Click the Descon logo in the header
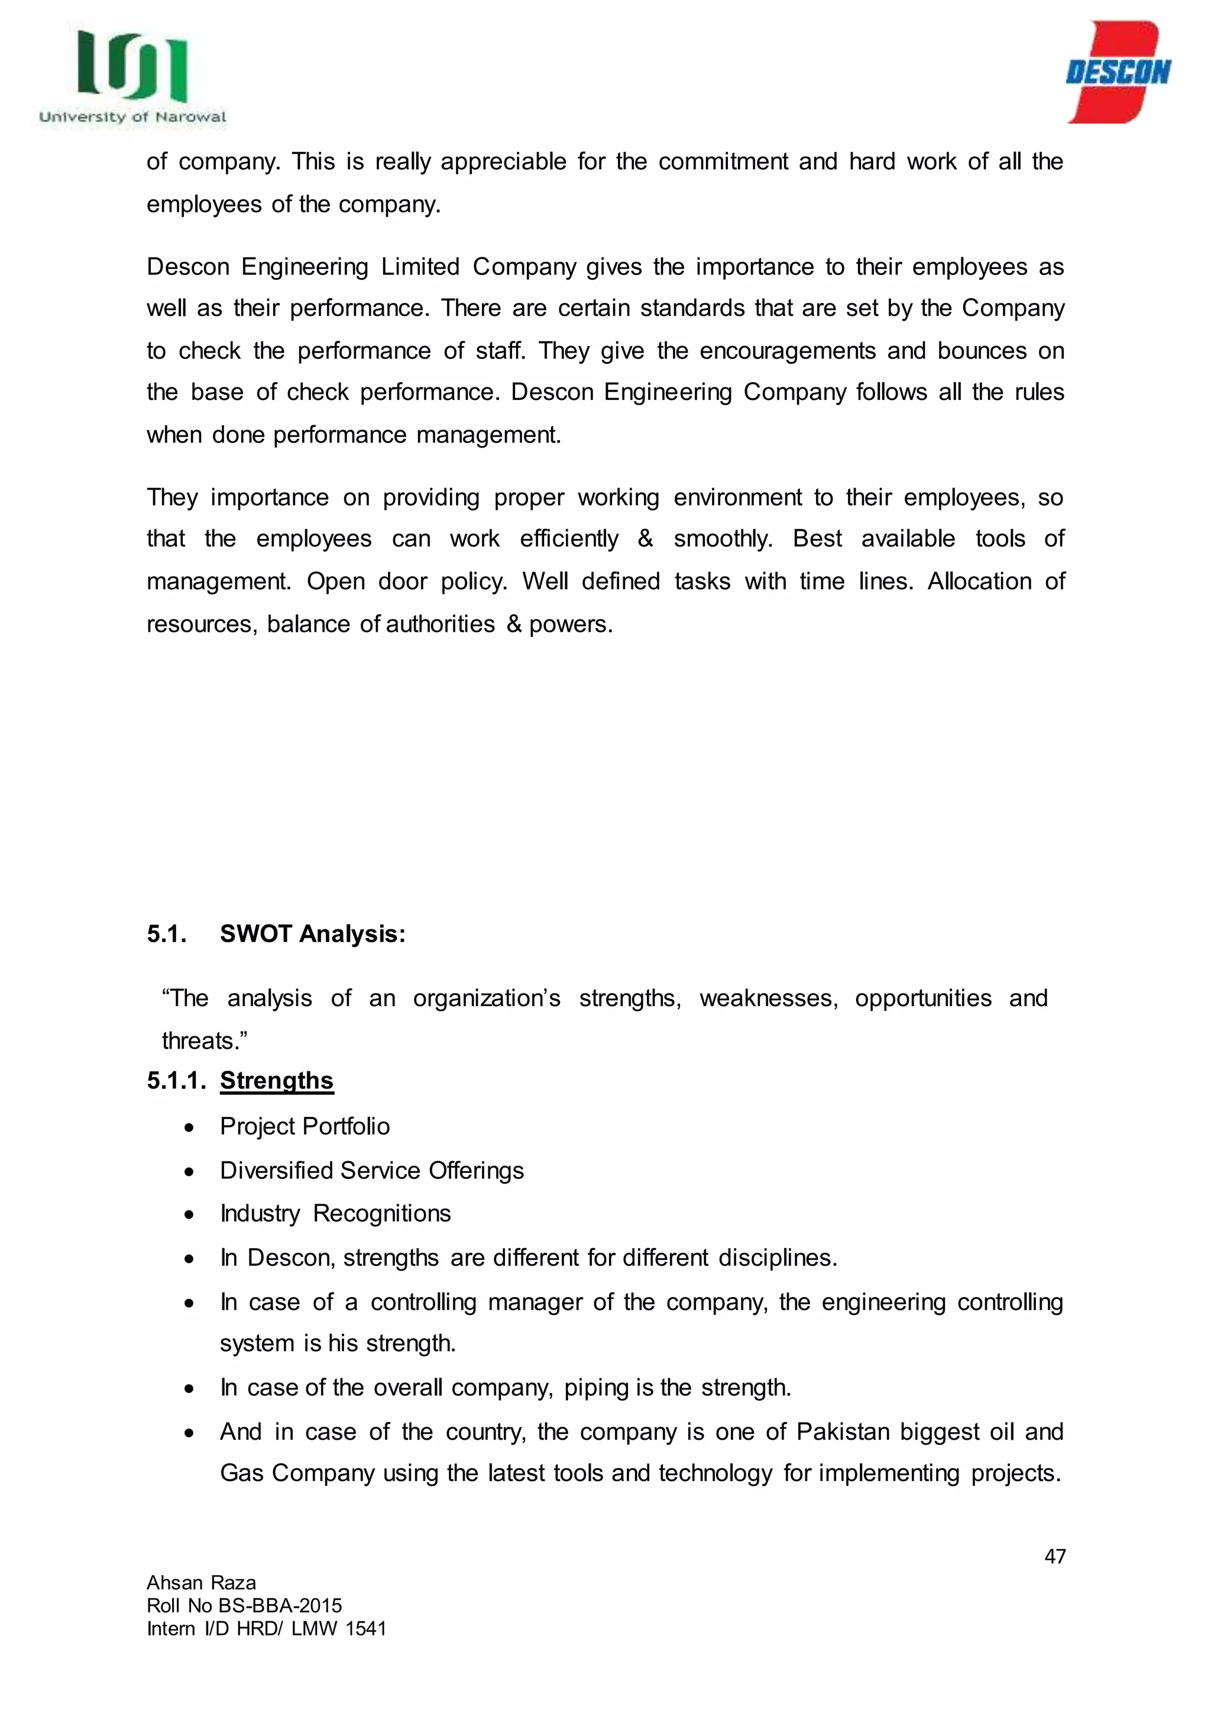click(1118, 72)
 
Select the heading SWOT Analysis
click(312, 934)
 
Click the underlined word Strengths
click(277, 1080)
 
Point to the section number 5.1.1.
click(176, 1080)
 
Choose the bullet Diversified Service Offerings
click(371, 1171)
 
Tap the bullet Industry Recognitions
click(335, 1214)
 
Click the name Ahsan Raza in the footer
click(201, 1582)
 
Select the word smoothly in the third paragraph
click(723, 539)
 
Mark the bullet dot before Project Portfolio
click(190, 1127)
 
